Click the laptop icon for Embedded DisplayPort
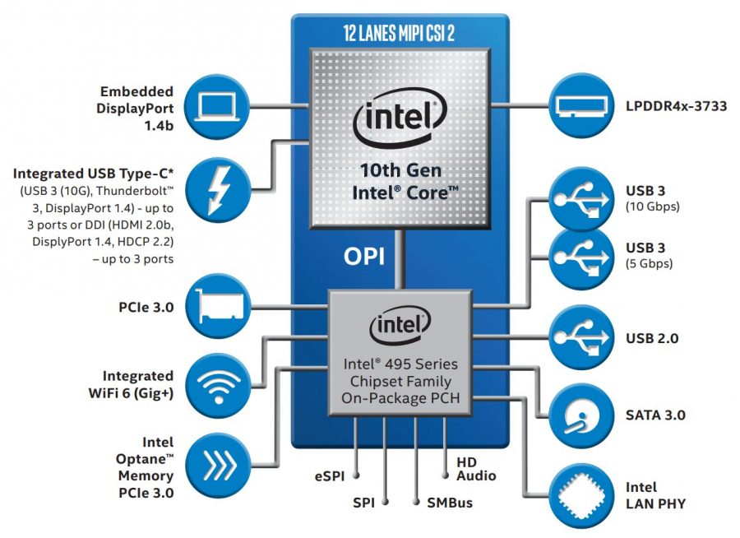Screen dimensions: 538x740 tap(216, 106)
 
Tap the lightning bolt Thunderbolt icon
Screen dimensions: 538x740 tap(216, 185)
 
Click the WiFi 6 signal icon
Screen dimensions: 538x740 tap(216, 380)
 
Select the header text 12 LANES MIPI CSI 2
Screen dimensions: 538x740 tap(400, 32)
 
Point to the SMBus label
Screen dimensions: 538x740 tap(450, 501)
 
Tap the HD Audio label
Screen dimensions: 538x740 tap(476, 469)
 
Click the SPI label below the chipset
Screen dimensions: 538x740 tap(363, 501)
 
